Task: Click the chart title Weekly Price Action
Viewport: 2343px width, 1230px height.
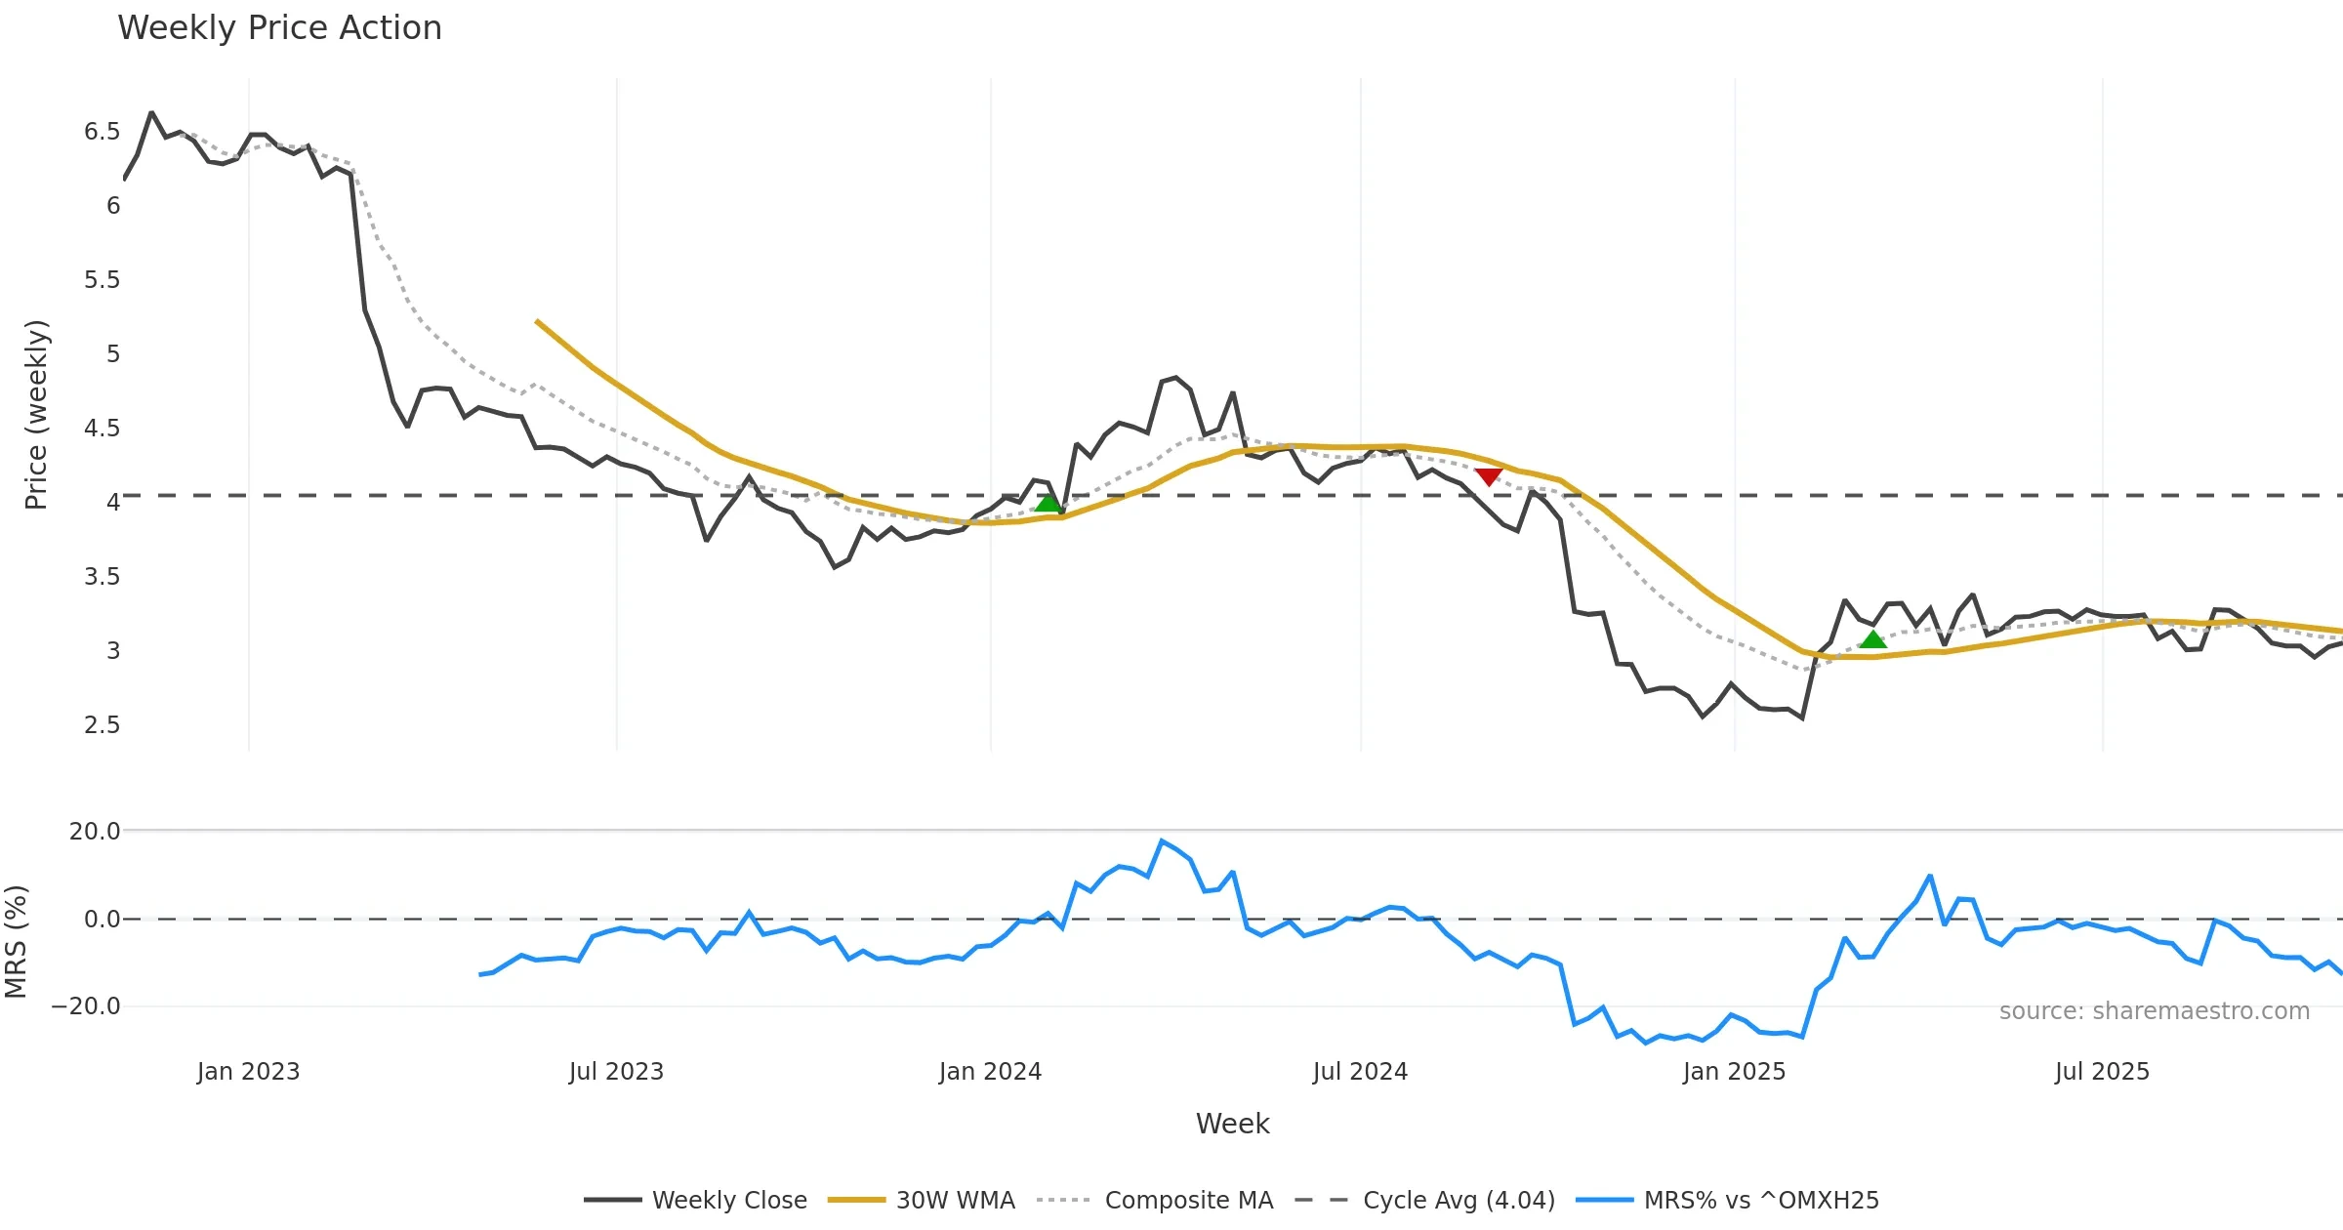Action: pyautogui.click(x=279, y=28)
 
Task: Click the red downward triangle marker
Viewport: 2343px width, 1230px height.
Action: pyautogui.click(x=1488, y=476)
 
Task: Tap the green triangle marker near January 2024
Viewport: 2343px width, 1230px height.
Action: pyautogui.click(x=1048, y=503)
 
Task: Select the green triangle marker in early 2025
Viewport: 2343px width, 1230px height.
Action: pyautogui.click(x=1872, y=639)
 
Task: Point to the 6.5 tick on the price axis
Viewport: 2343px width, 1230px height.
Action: pyautogui.click(x=102, y=132)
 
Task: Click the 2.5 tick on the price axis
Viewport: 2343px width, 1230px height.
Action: pyautogui.click(x=102, y=725)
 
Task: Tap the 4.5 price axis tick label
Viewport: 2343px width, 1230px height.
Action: pyautogui.click(x=102, y=429)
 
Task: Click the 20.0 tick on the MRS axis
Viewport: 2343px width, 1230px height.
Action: pyautogui.click(x=94, y=832)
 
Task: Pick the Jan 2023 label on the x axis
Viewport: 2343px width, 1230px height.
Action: pyautogui.click(x=248, y=1072)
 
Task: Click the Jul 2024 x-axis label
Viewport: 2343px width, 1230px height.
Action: pyautogui.click(x=1360, y=1072)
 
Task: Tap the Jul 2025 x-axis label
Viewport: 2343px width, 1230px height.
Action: pyautogui.click(x=2102, y=1072)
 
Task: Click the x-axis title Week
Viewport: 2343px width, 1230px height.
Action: pyautogui.click(x=1232, y=1125)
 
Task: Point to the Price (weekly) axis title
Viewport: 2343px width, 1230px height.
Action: pyautogui.click(x=36, y=415)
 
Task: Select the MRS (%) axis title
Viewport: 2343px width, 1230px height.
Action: pyautogui.click(x=17, y=942)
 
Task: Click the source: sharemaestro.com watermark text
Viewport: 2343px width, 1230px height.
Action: pyautogui.click(x=2154, y=1011)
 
